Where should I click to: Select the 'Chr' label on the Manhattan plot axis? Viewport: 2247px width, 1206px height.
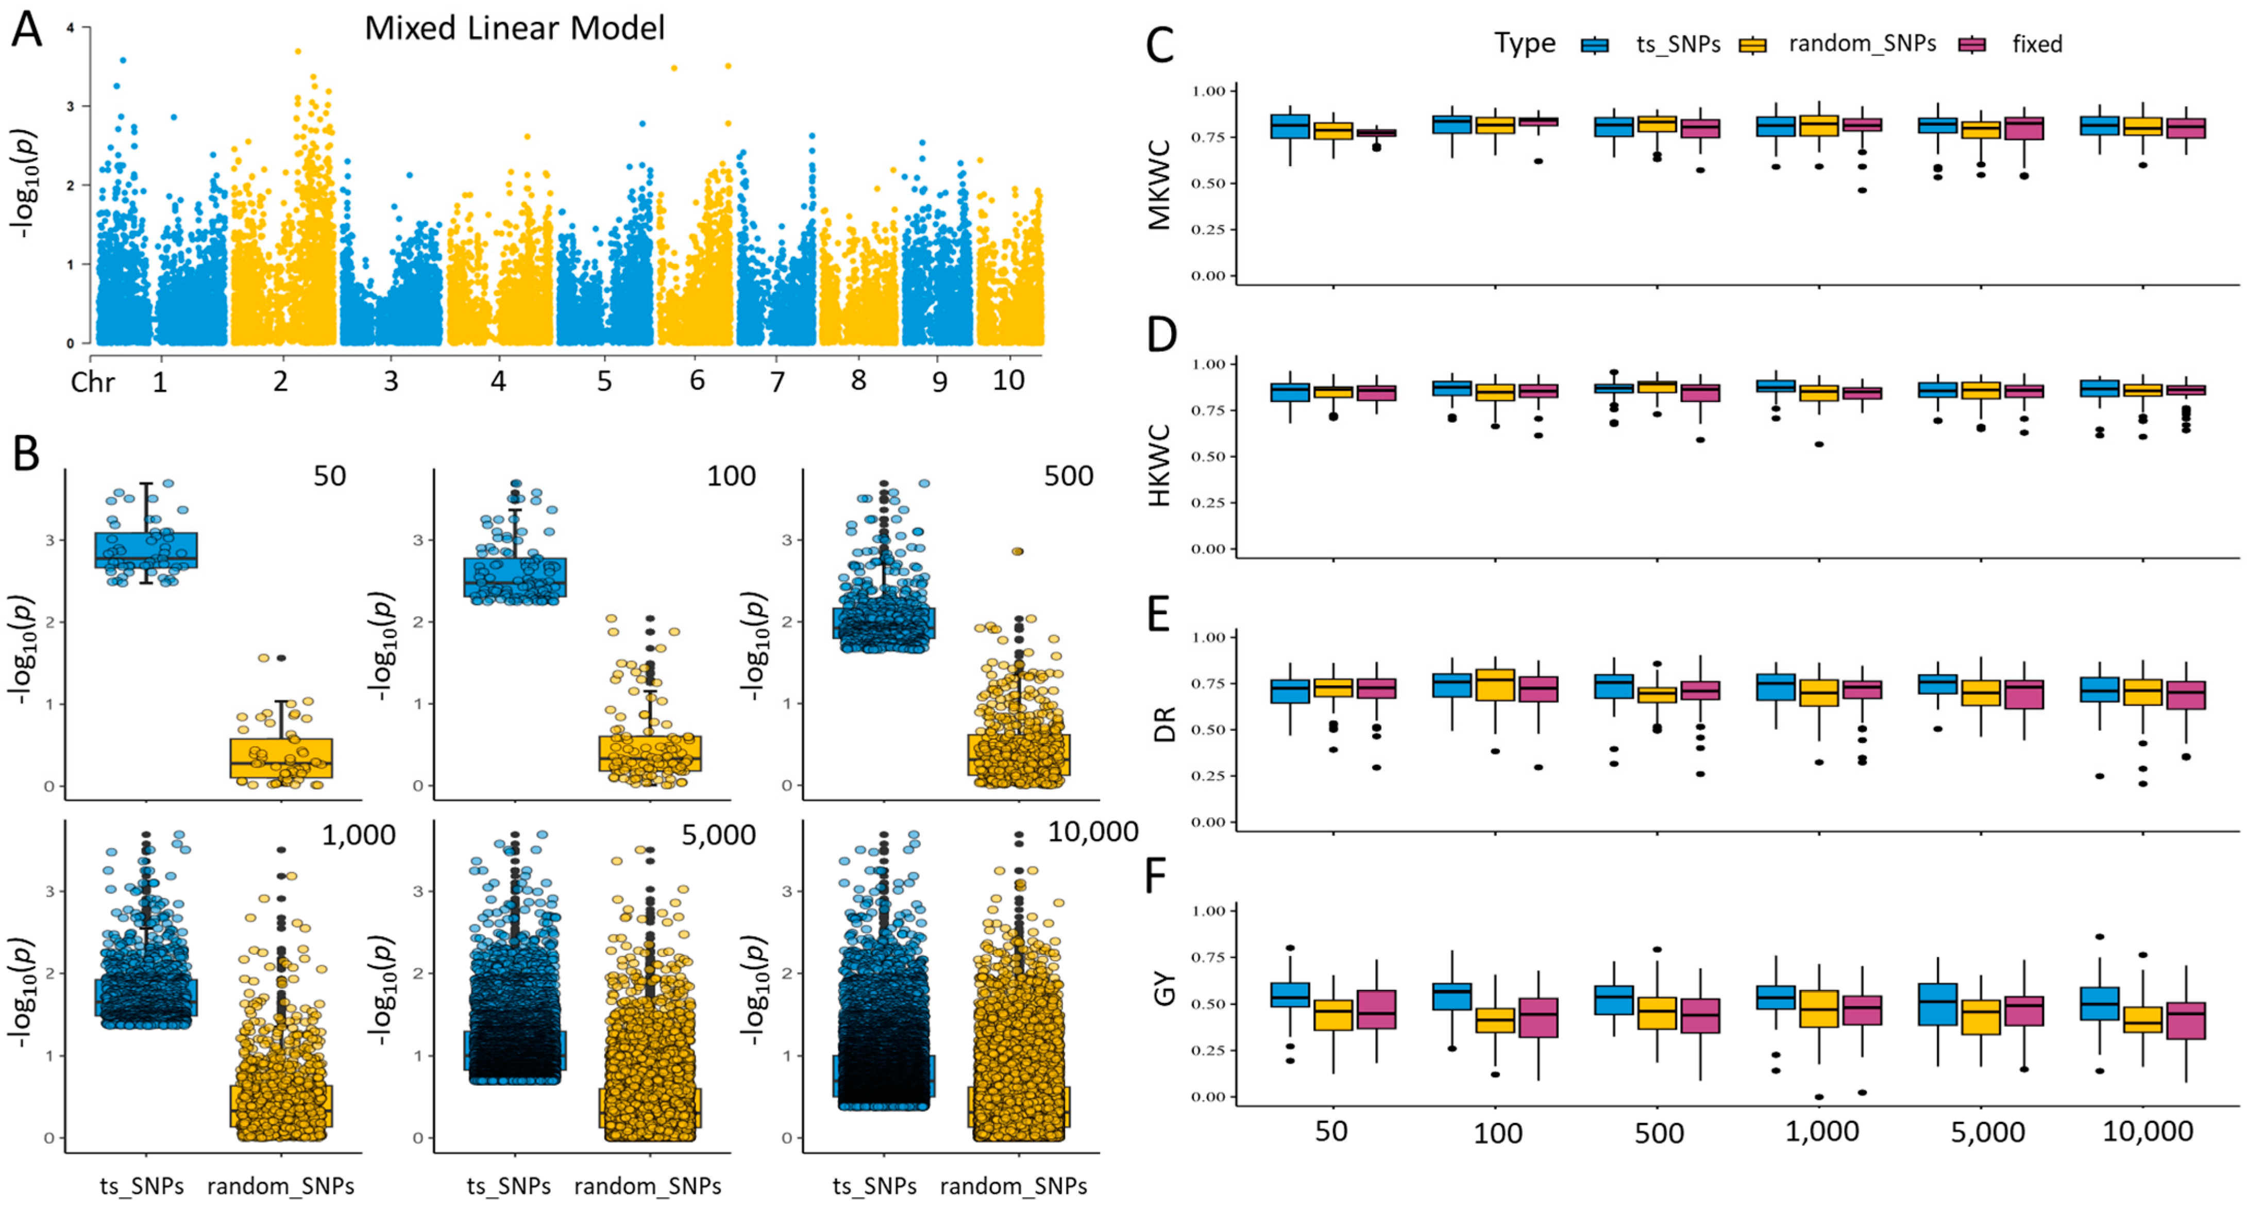pyautogui.click(x=92, y=382)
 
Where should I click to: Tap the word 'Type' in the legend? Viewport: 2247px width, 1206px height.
pyautogui.click(x=1524, y=44)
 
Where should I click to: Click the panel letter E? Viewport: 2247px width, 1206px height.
pyautogui.click(x=1158, y=615)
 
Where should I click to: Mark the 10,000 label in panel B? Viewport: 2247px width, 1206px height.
pyautogui.click(x=1092, y=832)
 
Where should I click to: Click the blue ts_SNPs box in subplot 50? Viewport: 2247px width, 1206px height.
pyautogui.click(x=146, y=550)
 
